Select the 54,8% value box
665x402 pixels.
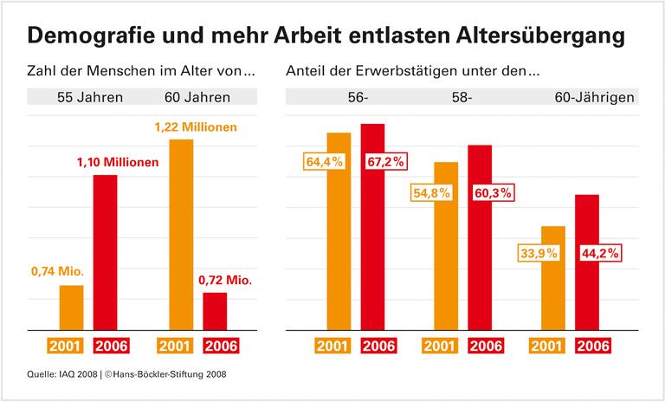point(430,193)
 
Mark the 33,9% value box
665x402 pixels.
point(539,254)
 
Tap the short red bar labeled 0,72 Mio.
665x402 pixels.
point(215,311)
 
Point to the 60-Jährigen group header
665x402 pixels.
point(595,97)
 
